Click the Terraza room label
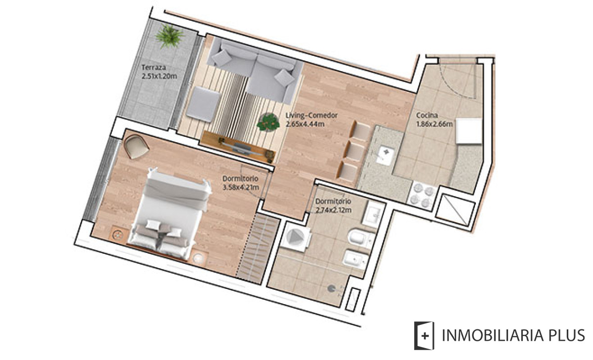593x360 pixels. click(x=153, y=68)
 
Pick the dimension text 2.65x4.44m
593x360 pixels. click(x=305, y=123)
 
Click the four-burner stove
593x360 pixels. click(x=421, y=194)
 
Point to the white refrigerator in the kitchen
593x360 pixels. click(x=468, y=131)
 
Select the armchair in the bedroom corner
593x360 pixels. click(x=136, y=146)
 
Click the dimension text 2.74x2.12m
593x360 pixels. click(x=333, y=210)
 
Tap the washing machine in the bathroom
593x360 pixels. click(x=296, y=237)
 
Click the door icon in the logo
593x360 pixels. click(x=424, y=336)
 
